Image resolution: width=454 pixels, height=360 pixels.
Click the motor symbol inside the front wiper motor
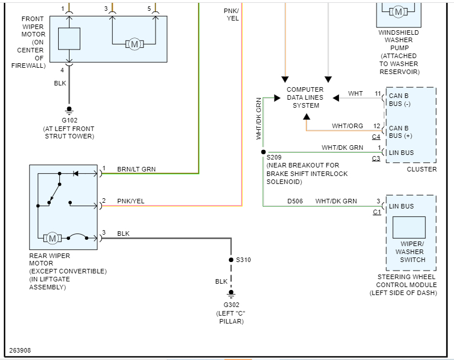[134, 44]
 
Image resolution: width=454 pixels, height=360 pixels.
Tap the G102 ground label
[69, 120]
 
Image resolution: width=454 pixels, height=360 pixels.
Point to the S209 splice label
[275, 157]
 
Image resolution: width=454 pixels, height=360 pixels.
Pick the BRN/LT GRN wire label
[136, 169]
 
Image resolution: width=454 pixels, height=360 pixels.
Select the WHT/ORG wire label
[347, 126]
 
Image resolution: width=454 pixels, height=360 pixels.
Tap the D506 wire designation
[295, 201]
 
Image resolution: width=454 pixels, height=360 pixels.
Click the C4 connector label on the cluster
[376, 137]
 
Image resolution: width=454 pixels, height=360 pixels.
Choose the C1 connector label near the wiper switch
[377, 212]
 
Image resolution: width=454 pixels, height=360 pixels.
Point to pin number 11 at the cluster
[377, 93]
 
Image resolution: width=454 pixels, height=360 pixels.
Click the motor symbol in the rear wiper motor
[52, 238]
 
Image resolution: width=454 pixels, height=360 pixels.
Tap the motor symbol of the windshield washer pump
[399, 11]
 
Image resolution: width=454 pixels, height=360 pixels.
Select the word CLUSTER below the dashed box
[422, 169]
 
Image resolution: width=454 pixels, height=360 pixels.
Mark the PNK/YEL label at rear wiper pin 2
[131, 201]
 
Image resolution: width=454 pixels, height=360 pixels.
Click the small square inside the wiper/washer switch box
[409, 227]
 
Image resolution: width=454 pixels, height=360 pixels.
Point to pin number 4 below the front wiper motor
[62, 70]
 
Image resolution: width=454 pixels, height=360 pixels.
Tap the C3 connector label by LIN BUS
[376, 158]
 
